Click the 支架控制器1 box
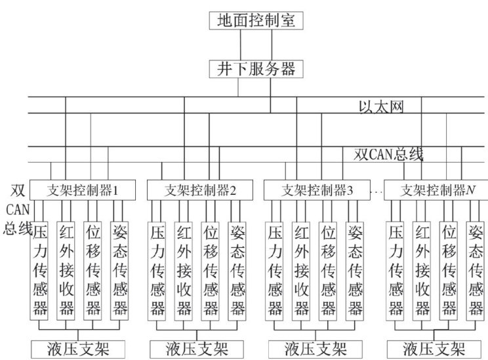tap(82, 191)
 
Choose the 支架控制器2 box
tap(191, 191)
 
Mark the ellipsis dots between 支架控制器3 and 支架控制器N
tap(376, 192)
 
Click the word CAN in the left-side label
tap(14, 209)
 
